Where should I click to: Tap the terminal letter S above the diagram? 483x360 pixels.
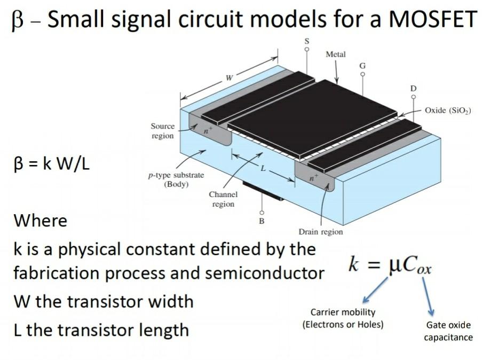pyautogui.click(x=306, y=41)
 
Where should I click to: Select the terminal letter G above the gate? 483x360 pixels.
pyautogui.click(x=362, y=65)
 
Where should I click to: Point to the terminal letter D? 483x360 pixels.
pyautogui.click(x=413, y=88)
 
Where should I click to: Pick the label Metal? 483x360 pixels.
pyautogui.click(x=335, y=54)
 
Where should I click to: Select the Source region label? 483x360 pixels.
pyautogui.click(x=162, y=131)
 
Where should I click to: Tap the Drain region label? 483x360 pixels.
pyautogui.click(x=321, y=232)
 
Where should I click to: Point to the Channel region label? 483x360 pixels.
pyautogui.click(x=223, y=199)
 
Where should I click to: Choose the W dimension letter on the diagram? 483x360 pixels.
pyautogui.click(x=228, y=78)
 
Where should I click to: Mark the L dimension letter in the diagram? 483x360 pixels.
pyautogui.click(x=263, y=168)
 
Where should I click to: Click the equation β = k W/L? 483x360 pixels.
pyautogui.click(x=51, y=163)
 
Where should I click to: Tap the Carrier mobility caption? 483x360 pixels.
pyautogui.click(x=343, y=318)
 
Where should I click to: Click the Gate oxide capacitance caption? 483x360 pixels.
pyautogui.click(x=448, y=331)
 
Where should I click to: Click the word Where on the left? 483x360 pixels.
pyautogui.click(x=41, y=220)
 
